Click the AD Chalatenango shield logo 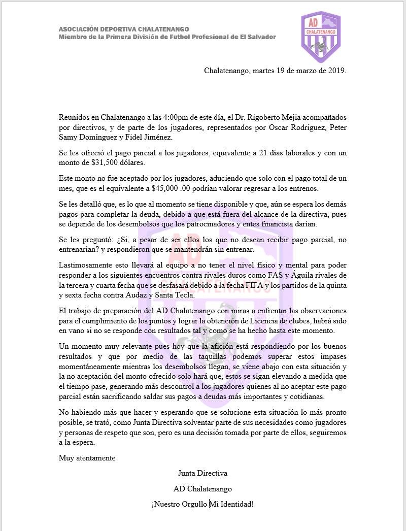321,37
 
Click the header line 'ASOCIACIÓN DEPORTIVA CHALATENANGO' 124,29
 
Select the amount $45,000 168,188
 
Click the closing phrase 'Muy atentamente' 87,458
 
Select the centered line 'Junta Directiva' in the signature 202,473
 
